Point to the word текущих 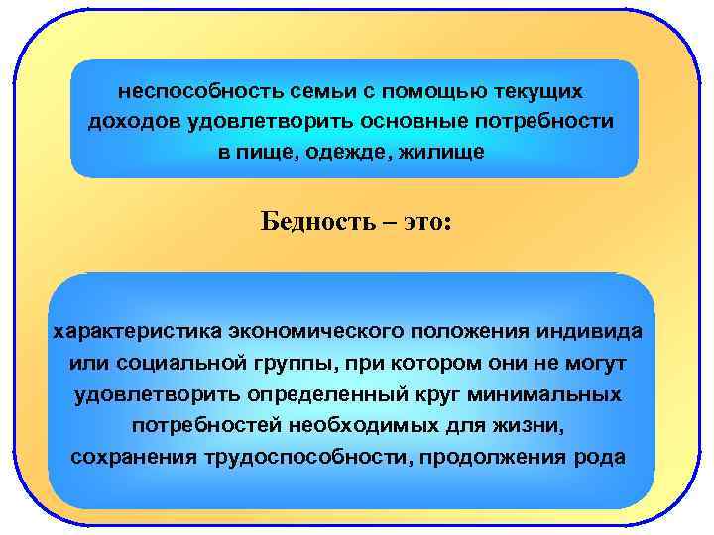point(542,90)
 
